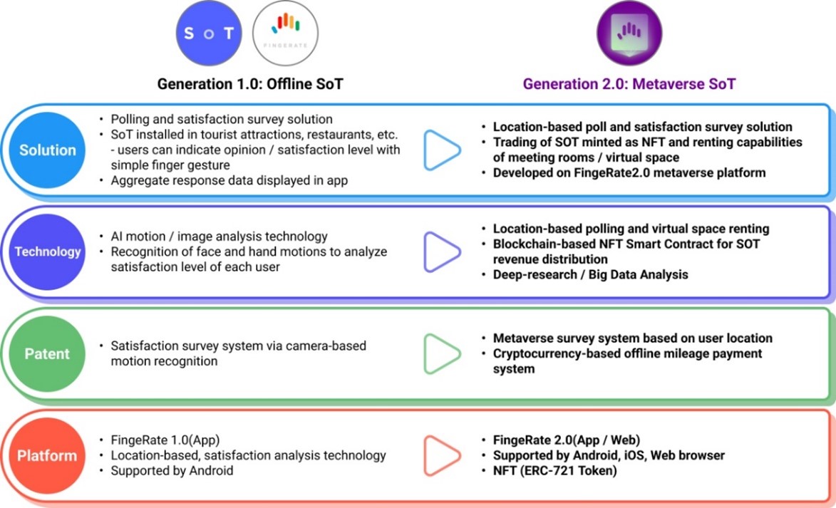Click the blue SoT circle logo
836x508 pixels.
pos(209,33)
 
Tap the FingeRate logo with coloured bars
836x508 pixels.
pos(285,33)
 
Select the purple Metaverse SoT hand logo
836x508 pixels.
pos(629,33)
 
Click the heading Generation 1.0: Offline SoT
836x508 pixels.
pos(250,84)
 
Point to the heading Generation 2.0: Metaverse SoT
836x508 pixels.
pos(629,84)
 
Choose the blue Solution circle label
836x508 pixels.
pos(48,150)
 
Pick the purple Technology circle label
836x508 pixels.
pos(48,252)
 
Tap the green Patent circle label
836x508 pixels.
pos(48,353)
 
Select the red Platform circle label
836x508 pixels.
pos(48,455)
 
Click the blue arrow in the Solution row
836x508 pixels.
pos(442,150)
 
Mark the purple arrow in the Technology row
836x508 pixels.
pos(442,252)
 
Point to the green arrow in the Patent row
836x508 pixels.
pos(442,353)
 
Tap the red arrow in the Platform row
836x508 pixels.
pos(442,455)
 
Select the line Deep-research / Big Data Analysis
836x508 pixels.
pos(590,274)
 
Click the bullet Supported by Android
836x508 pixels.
pos(172,470)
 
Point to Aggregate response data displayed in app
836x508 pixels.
pos(229,180)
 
